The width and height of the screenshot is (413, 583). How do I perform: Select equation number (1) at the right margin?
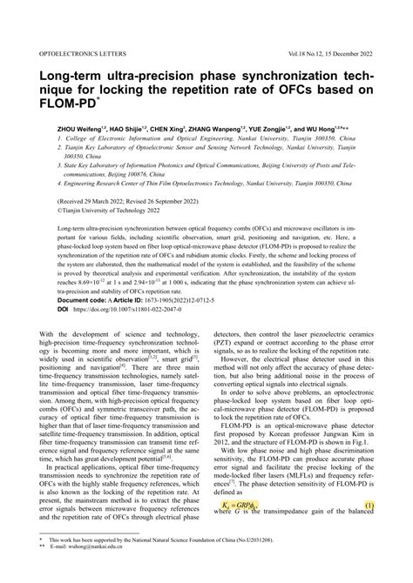369,506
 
